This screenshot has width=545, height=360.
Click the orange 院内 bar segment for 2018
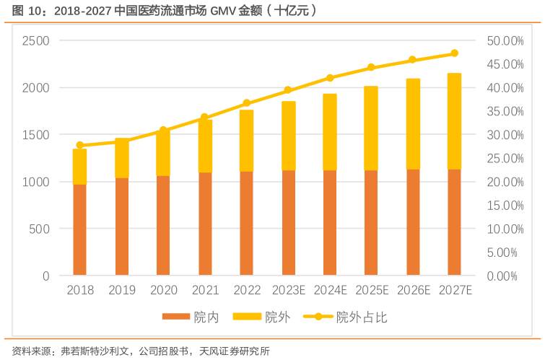79,229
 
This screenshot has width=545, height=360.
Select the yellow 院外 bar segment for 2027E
454,121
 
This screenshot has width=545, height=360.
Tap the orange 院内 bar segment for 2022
246,223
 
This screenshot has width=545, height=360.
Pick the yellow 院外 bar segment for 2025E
370,128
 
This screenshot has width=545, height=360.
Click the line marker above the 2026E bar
412,60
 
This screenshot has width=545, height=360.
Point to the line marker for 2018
79,145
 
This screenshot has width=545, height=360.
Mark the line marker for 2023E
287,90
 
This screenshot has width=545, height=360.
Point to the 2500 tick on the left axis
35,41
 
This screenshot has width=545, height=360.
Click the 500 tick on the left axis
40,229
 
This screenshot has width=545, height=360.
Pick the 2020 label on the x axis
163,291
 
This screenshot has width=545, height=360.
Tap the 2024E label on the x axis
329,291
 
